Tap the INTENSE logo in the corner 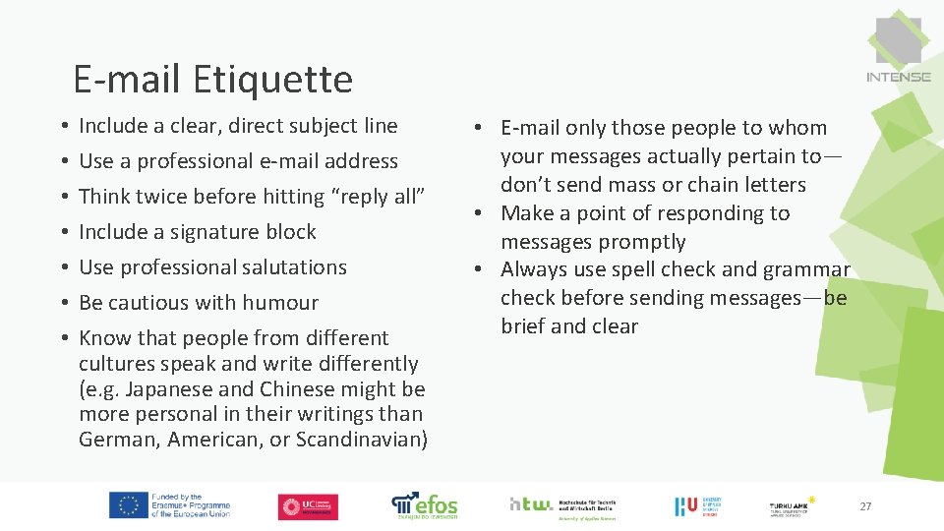(x=898, y=50)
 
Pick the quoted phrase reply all (x=379, y=197)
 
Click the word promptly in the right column (x=642, y=242)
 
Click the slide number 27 (x=865, y=506)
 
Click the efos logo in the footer (x=425, y=505)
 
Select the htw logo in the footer (x=531, y=503)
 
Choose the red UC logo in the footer (x=308, y=506)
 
